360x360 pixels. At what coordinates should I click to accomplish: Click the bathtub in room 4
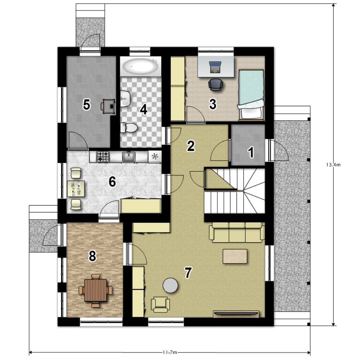coord(140,66)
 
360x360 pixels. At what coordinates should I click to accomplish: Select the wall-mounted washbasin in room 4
coord(125,99)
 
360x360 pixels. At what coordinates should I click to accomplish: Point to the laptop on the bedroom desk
coord(215,67)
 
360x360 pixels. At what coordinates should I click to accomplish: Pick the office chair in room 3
coord(215,85)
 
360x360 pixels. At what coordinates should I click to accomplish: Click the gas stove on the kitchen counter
coord(103,157)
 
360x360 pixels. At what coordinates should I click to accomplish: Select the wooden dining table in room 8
coord(95,290)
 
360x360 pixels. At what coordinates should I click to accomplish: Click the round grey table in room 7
coord(170,285)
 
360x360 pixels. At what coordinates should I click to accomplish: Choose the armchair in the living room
coord(160,305)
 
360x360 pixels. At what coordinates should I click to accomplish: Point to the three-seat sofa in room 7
coord(237,232)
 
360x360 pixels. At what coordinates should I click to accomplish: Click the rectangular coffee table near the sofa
coord(235,256)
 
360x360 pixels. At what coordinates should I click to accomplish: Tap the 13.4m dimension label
coord(333,165)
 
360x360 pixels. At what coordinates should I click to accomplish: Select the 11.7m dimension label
coord(170,352)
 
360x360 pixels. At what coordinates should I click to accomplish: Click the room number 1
coord(251,152)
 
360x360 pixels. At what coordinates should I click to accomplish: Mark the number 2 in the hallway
coord(191,146)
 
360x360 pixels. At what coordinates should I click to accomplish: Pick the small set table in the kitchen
coord(76,189)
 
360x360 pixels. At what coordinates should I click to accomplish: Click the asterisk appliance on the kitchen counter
coord(155,157)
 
